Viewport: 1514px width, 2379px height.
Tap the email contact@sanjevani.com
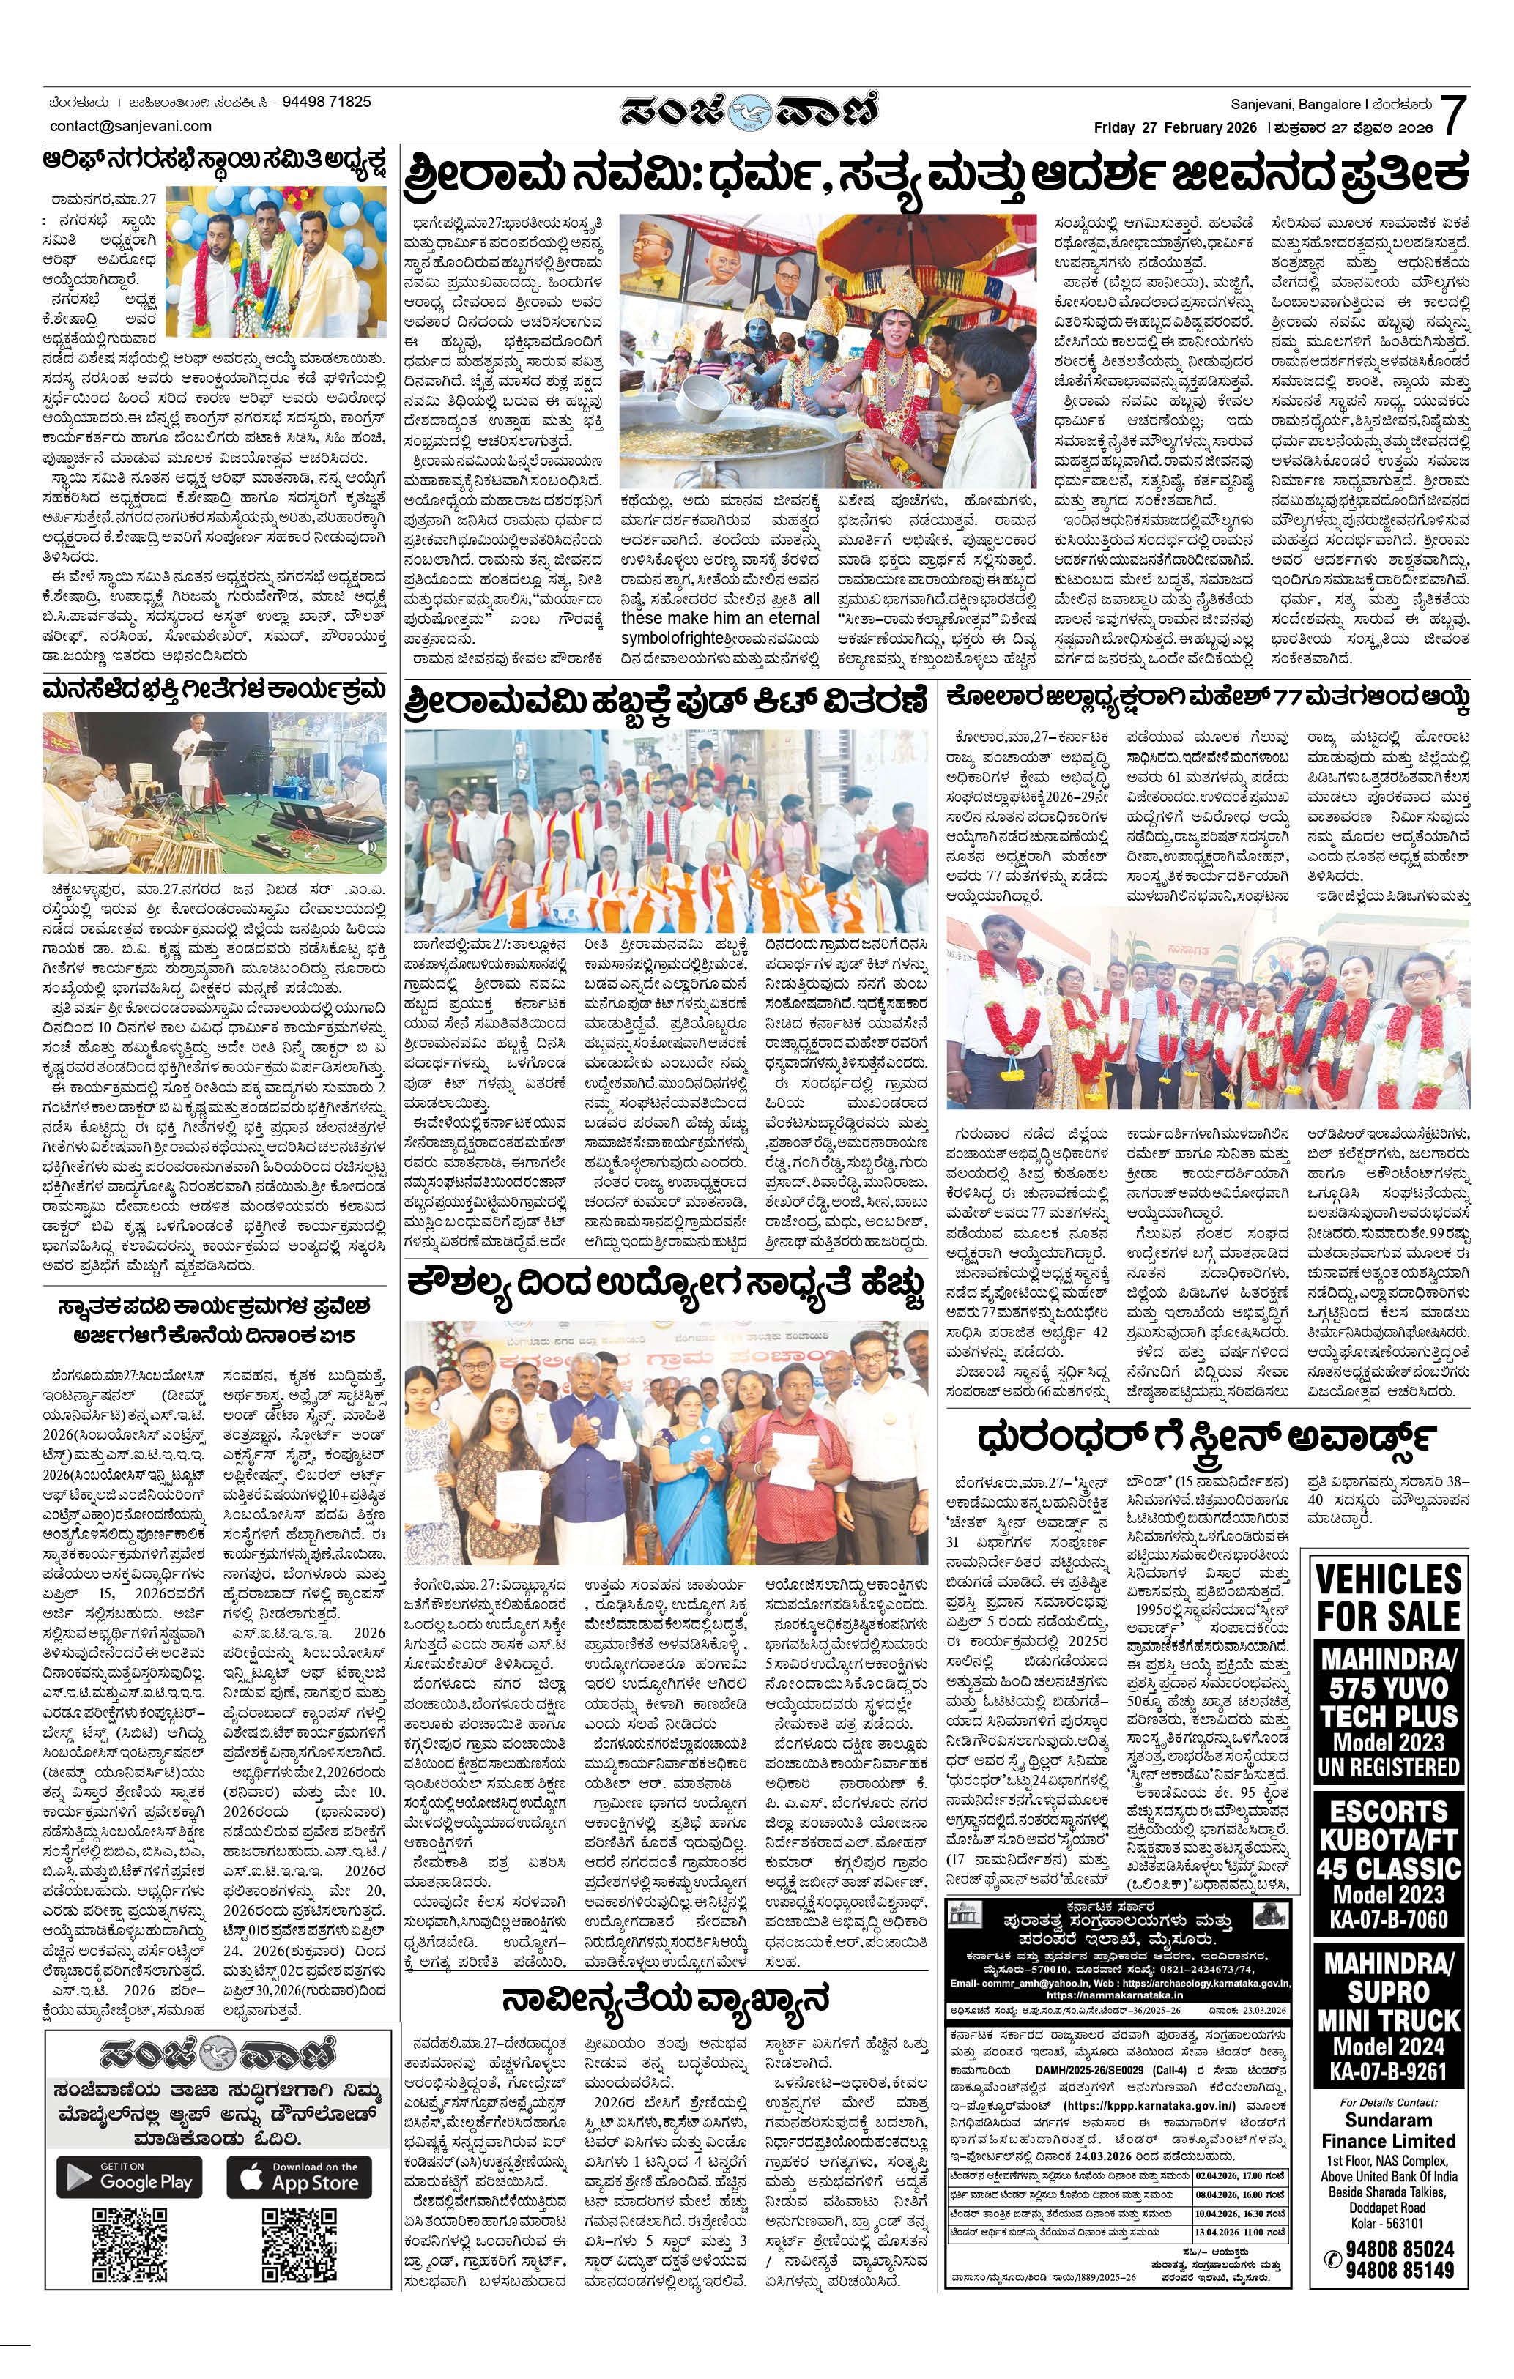(130, 125)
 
